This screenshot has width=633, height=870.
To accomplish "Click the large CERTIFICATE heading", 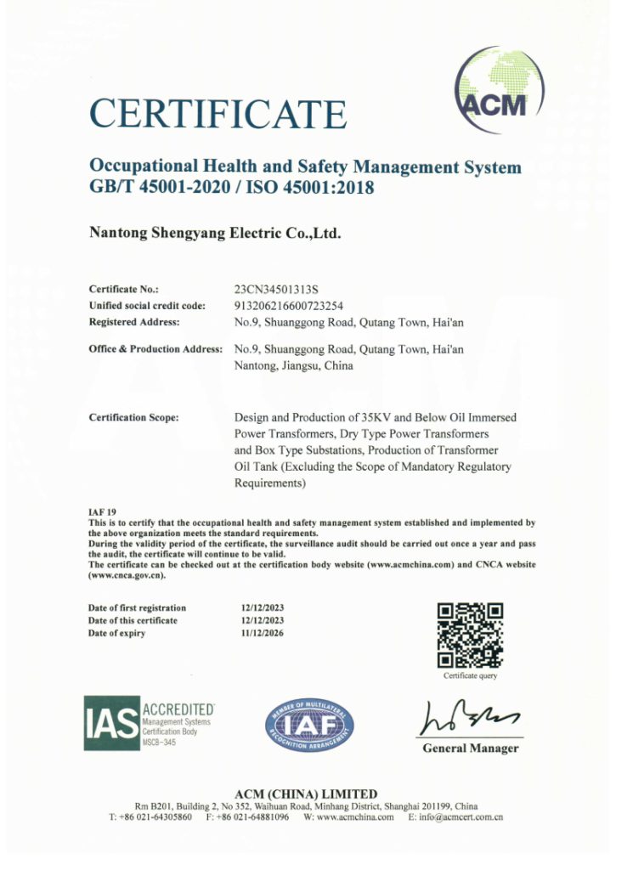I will coord(218,114).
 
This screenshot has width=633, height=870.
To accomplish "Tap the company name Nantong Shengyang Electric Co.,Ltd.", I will coord(215,231).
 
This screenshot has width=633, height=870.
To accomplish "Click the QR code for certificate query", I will coord(470,636).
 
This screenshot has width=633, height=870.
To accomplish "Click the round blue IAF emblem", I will coord(310,726).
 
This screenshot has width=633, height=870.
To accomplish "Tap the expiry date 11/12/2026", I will coord(264,633).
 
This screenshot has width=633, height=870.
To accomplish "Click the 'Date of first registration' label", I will coord(137,607).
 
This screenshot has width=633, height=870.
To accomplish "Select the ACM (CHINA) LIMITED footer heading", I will coord(306,794).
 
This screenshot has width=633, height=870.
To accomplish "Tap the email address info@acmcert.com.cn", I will coord(457,817).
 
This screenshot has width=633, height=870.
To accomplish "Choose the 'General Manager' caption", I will coord(470,749).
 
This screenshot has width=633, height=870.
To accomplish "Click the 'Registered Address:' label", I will coord(133,321).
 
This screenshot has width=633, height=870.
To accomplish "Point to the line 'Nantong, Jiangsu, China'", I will coord(293,366).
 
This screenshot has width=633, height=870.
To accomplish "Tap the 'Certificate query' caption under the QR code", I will coord(470,676).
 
